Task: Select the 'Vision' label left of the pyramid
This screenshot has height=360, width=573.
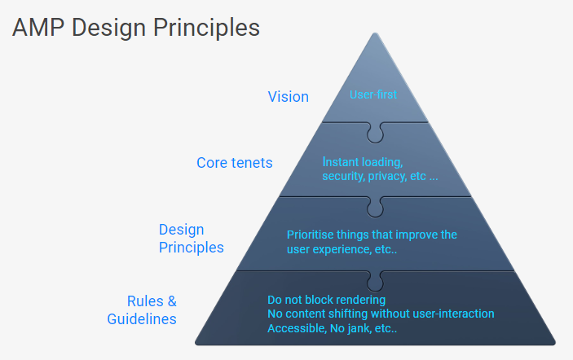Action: pyautogui.click(x=288, y=97)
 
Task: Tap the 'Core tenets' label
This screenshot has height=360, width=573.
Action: pyautogui.click(x=235, y=163)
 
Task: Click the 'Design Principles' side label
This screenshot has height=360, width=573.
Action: pyautogui.click(x=191, y=239)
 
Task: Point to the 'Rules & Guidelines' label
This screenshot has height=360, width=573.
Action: pyautogui.click(x=142, y=310)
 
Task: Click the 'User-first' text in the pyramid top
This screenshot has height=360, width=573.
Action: pyautogui.click(x=373, y=94)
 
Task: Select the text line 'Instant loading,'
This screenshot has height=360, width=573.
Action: pyautogui.click(x=363, y=161)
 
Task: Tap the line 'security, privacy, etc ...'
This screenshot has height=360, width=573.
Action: pyautogui.click(x=380, y=176)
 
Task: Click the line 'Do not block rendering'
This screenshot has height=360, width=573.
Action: pyautogui.click(x=326, y=299)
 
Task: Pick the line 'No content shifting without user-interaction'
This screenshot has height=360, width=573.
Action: pyautogui.click(x=381, y=314)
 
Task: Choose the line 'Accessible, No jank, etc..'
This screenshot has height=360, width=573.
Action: pyautogui.click(x=332, y=328)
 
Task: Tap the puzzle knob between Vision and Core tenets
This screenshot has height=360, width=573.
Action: pyautogui.click(x=375, y=130)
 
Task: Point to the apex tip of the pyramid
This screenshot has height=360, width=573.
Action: pyautogui.click(x=375, y=35)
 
